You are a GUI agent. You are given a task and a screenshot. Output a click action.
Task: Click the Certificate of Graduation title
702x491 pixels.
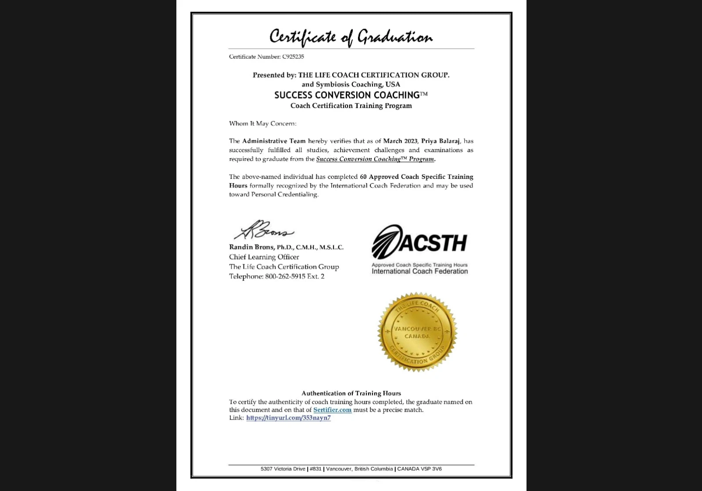pyautogui.click(x=351, y=37)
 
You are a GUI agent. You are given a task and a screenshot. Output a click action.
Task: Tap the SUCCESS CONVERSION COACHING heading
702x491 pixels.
pyautogui.click(x=347, y=95)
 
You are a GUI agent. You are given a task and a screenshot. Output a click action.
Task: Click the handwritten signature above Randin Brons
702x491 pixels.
pyautogui.click(x=263, y=230)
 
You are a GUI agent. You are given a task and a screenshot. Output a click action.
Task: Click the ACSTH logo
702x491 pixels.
pyautogui.click(x=419, y=242)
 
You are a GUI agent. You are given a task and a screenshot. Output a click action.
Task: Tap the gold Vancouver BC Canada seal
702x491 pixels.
pyautogui.click(x=417, y=332)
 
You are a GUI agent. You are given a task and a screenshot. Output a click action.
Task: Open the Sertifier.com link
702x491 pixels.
pyautogui.click(x=332, y=410)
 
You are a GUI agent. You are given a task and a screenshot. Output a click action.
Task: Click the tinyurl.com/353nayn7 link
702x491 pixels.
pyautogui.click(x=288, y=418)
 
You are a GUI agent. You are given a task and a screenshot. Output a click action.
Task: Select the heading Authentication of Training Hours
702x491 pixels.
pyautogui.click(x=351, y=393)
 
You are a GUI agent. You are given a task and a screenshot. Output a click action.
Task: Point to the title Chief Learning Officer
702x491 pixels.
pyautogui.click(x=264, y=257)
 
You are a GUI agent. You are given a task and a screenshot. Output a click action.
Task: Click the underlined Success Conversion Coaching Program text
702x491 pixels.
pyautogui.click(x=375, y=159)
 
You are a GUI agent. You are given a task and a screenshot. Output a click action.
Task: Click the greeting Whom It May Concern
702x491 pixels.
pyautogui.click(x=262, y=123)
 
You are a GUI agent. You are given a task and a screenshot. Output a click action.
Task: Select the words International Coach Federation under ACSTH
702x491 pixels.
pyautogui.click(x=419, y=271)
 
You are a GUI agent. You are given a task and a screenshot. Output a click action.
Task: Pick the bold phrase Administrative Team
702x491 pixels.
pyautogui.click(x=274, y=141)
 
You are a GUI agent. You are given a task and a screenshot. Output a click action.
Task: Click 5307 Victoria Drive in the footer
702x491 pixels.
pyautogui.click(x=283, y=469)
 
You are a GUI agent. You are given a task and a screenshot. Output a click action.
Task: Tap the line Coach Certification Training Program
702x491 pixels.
pyautogui.click(x=351, y=106)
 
